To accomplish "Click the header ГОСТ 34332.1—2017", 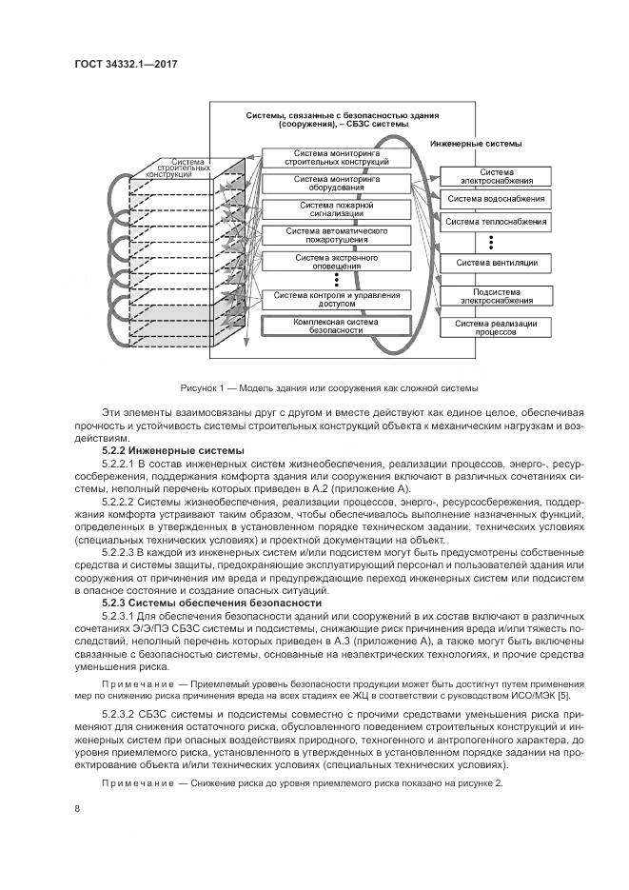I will (x=126, y=65).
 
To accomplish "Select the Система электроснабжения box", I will (x=496, y=177).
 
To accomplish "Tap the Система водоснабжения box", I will (x=496, y=199).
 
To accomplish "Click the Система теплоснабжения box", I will (x=496, y=222).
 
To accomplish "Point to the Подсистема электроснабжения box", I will (x=496, y=296).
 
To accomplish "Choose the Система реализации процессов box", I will (x=496, y=328).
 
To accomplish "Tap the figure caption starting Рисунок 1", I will (x=328, y=388).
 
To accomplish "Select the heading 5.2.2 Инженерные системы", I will (x=172, y=449).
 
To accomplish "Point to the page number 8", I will (x=77, y=809).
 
